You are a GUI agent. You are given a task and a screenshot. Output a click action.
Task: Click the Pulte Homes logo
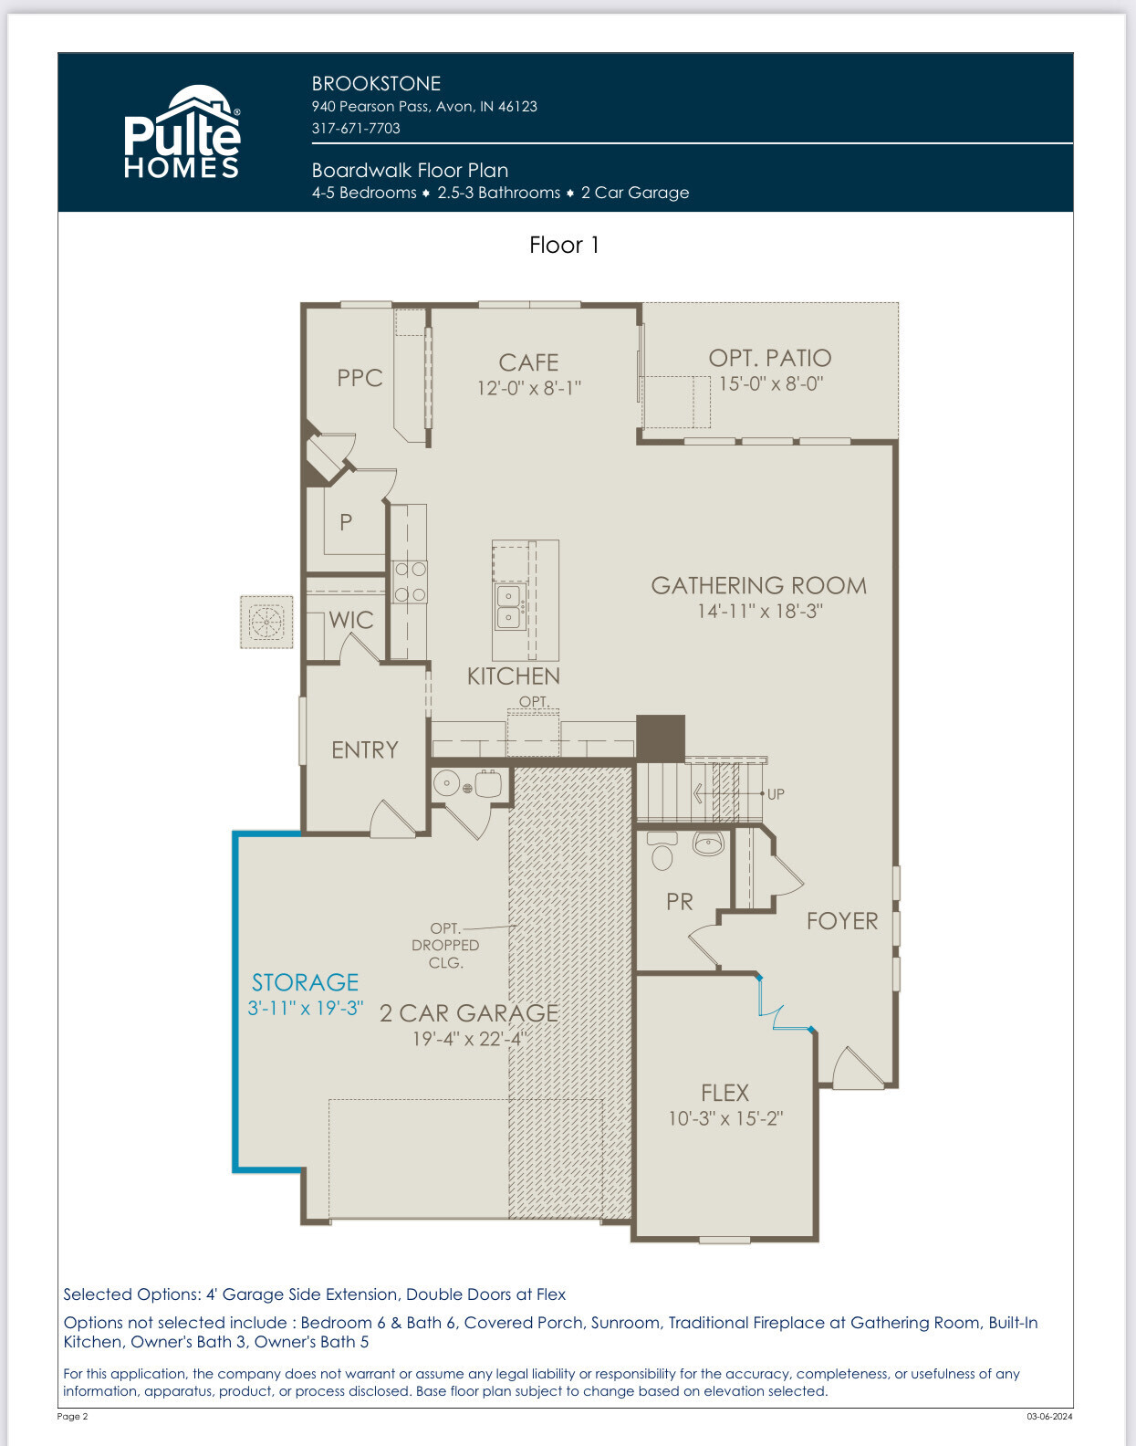tap(182, 131)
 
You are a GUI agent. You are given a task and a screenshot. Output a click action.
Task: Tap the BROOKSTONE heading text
tap(377, 84)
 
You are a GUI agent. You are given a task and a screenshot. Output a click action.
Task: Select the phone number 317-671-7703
tap(356, 129)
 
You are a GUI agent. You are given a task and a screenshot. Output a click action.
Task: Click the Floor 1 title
tap(564, 245)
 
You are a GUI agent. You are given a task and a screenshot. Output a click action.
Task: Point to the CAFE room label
tap(528, 362)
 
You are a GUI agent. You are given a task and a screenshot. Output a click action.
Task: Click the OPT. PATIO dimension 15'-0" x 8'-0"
tap(772, 384)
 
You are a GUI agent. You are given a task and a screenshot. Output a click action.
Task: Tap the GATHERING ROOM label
tap(759, 585)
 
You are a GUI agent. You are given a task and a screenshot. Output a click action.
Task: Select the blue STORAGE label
tap(306, 982)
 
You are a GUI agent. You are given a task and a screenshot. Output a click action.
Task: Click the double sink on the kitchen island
tap(509, 605)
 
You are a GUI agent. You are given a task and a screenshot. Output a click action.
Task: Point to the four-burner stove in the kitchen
tap(410, 582)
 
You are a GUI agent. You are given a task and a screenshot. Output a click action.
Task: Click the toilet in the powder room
tap(662, 851)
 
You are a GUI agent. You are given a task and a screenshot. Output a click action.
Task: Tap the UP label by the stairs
tap(776, 794)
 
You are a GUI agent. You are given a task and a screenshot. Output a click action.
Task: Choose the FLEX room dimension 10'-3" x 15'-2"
tap(725, 1118)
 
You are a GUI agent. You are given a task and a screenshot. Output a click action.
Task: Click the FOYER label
tap(842, 921)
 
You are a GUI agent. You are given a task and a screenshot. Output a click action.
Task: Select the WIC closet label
tap(351, 620)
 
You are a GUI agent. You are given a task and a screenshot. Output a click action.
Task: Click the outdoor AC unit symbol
tap(266, 623)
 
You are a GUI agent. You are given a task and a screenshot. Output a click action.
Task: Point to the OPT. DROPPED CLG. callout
tap(445, 945)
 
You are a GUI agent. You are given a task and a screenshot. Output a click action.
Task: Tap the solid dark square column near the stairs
tap(661, 737)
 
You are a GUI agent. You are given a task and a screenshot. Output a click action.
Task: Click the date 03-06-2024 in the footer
tap(1049, 1416)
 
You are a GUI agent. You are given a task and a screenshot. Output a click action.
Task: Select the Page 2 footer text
tap(72, 1416)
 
